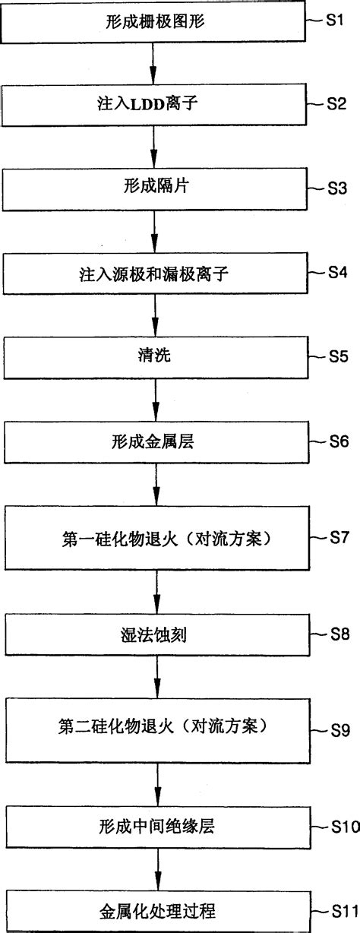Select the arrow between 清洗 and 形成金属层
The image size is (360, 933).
(153, 399)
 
